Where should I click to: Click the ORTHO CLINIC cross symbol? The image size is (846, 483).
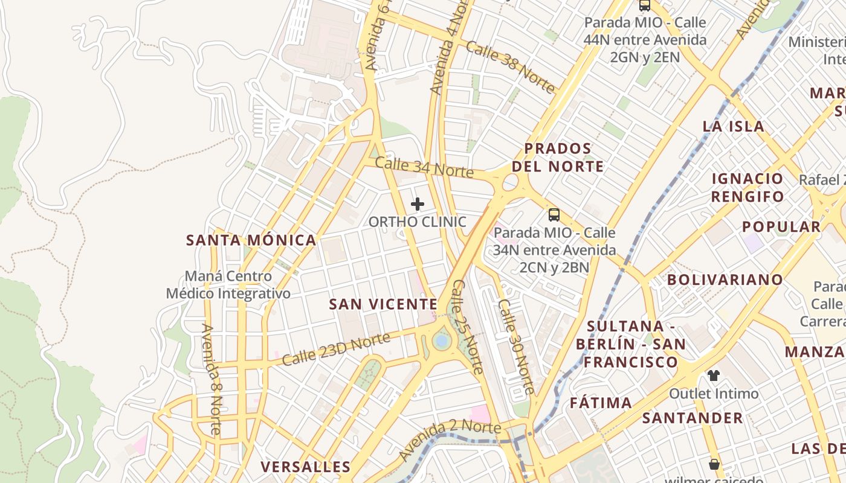point(417,204)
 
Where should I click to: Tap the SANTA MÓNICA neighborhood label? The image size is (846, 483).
point(251,240)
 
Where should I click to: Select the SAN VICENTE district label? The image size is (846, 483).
point(383,304)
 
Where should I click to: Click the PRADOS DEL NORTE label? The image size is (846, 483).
point(557,158)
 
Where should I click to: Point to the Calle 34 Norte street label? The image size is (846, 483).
point(424,167)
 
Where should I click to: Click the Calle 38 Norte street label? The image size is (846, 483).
point(510,68)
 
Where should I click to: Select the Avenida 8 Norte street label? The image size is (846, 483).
point(211,379)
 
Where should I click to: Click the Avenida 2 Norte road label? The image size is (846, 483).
point(450,438)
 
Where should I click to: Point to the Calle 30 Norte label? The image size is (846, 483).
point(516,347)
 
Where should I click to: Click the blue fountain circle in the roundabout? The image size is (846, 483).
point(442,341)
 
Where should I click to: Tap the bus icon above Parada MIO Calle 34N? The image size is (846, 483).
point(554,214)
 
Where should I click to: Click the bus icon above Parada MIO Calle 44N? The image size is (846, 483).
point(645,5)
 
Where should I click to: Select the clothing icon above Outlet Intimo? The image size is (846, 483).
point(714,376)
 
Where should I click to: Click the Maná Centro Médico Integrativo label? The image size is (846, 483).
point(228,285)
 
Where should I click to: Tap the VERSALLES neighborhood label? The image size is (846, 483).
point(305,467)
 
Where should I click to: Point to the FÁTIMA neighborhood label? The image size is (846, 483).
point(601,403)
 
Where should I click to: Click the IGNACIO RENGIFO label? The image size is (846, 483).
point(748,187)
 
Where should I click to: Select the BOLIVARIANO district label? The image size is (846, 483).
point(725,280)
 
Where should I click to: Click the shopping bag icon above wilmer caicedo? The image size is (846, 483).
point(714,464)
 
